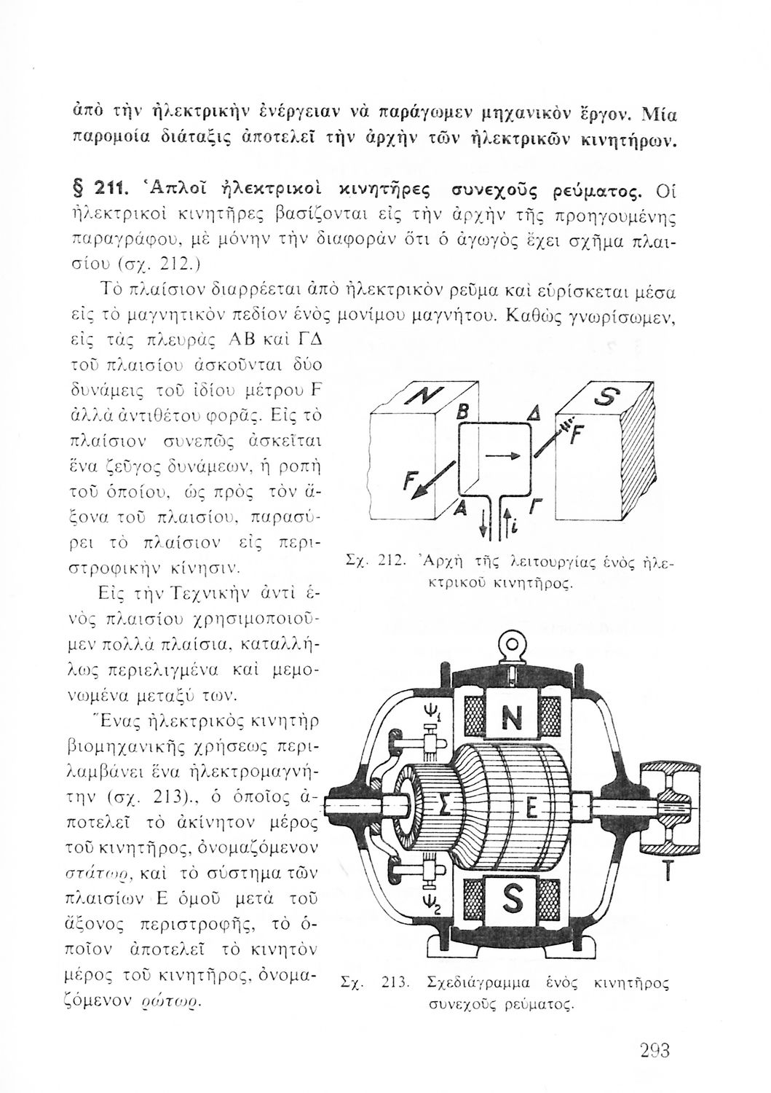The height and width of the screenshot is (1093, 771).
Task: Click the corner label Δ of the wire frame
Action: tap(523, 415)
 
